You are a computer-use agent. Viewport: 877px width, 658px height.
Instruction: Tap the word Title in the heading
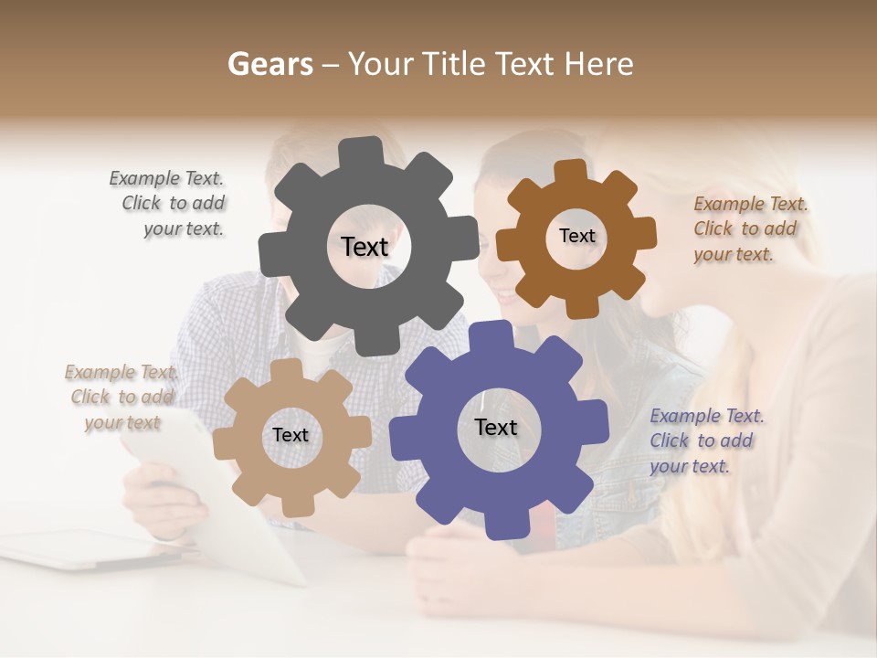[x=455, y=64]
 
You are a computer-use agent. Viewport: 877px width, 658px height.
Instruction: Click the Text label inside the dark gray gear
[x=365, y=247]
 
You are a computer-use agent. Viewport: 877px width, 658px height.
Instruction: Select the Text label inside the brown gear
[x=576, y=236]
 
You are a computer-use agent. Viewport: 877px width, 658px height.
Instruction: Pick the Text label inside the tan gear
[x=291, y=435]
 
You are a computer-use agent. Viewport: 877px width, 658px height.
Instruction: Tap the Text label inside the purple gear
[x=496, y=427]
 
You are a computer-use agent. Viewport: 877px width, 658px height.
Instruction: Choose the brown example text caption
[x=749, y=229]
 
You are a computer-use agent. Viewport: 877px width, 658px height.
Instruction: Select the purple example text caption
[x=705, y=441]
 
